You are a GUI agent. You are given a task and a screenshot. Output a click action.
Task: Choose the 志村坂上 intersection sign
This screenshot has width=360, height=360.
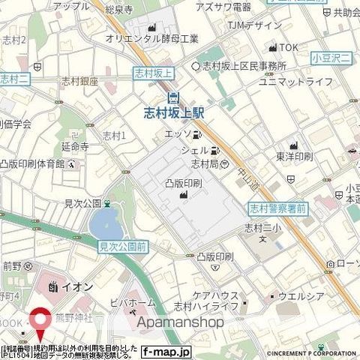[153, 73]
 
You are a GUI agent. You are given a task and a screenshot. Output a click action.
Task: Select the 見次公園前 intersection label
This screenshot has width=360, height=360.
[124, 244]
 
